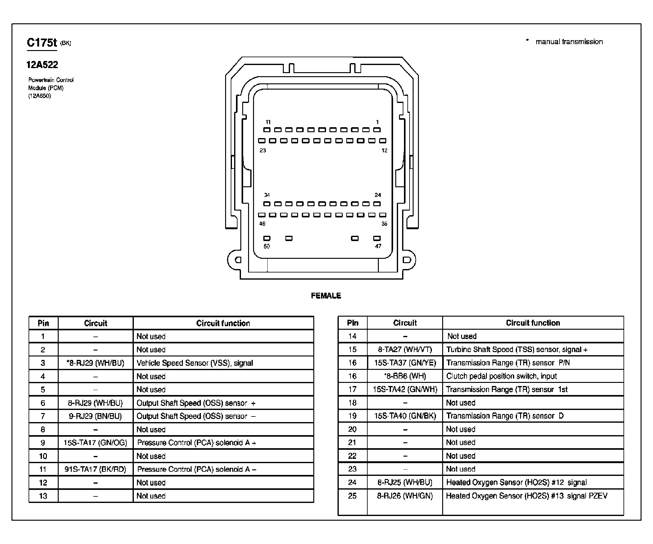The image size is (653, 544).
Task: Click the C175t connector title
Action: pos(42,43)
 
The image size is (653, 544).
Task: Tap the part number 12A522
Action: pos(42,65)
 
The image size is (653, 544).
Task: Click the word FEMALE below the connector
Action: pos(326,296)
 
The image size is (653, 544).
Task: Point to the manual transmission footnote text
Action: pos(569,42)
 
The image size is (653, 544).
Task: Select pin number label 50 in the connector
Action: pos(266,246)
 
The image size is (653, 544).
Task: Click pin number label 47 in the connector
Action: pos(378,246)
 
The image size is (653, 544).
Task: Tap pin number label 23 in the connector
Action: pos(263,151)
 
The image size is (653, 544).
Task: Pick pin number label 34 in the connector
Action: pos(267,195)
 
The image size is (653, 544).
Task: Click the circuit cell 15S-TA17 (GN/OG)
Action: pos(95,443)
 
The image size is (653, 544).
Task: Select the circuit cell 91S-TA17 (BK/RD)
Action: pos(95,469)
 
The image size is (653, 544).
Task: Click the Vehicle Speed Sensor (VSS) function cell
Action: pos(195,363)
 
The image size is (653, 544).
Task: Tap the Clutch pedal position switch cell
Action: pos(501,376)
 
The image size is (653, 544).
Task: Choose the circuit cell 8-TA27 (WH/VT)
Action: pos(405,350)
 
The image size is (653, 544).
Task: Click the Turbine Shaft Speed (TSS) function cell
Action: pos(517,350)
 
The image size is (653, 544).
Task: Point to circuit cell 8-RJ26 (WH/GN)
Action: pos(405,496)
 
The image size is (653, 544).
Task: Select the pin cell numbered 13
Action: pos(43,496)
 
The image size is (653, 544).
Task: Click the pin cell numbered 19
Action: pos(352,416)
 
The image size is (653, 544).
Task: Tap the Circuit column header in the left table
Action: pos(95,323)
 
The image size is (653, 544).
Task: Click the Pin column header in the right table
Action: pos(352,323)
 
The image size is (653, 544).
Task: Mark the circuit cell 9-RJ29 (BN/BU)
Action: pos(95,416)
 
